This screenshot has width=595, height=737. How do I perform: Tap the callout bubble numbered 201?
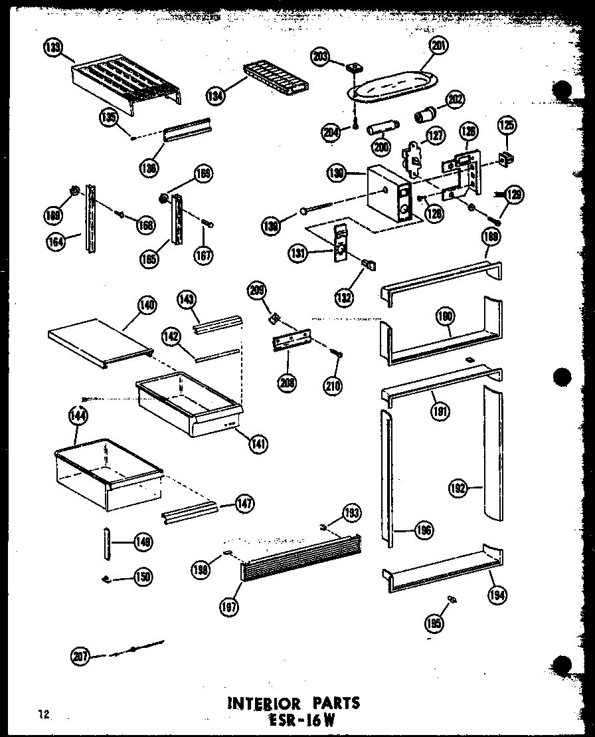pyautogui.click(x=438, y=45)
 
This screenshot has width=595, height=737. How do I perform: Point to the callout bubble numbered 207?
pyautogui.click(x=80, y=657)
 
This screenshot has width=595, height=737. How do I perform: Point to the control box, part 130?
pyautogui.click(x=387, y=192)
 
